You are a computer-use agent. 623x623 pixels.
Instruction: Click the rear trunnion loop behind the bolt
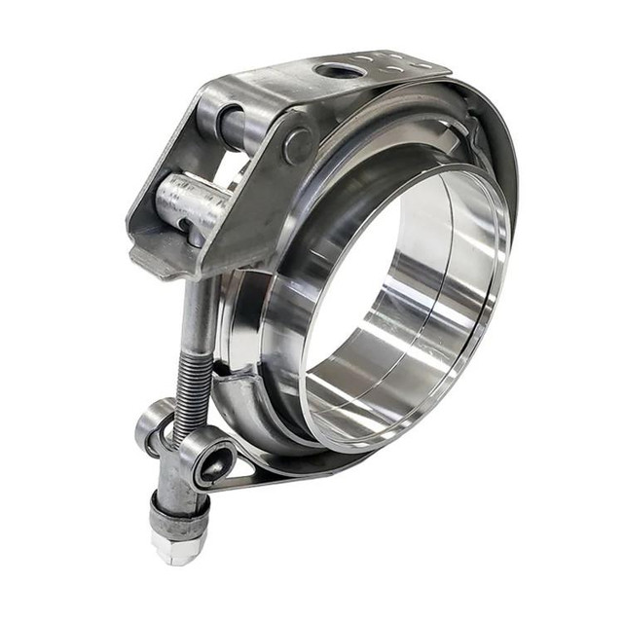point(153,423)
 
